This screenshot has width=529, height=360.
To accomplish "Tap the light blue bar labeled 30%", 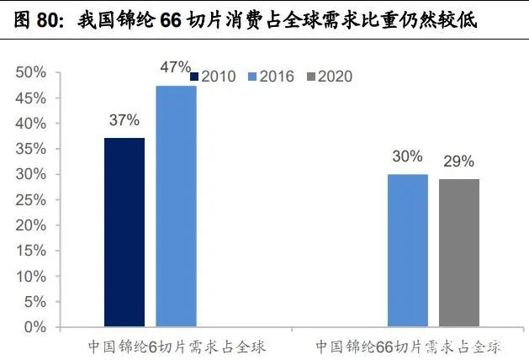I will coord(408,250).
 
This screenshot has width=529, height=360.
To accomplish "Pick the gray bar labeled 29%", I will coord(459,252).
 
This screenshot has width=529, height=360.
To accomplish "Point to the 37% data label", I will coord(124,120).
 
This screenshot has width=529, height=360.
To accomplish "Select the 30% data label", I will coord(408,157).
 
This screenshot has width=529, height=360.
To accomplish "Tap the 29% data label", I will coord(459,161).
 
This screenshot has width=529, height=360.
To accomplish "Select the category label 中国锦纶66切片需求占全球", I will coord(409,346).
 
